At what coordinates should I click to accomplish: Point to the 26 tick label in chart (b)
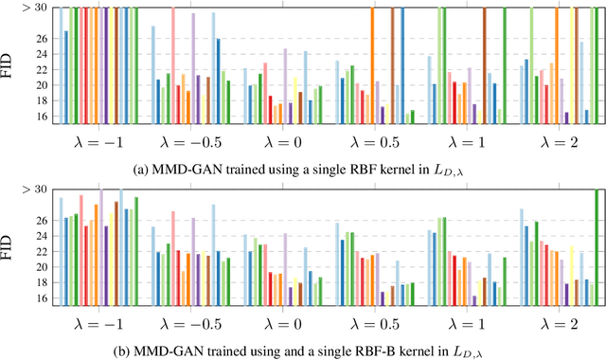coord(41,221)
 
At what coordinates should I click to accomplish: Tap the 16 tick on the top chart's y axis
coord(41,117)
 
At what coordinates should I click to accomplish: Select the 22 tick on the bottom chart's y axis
coord(41,251)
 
